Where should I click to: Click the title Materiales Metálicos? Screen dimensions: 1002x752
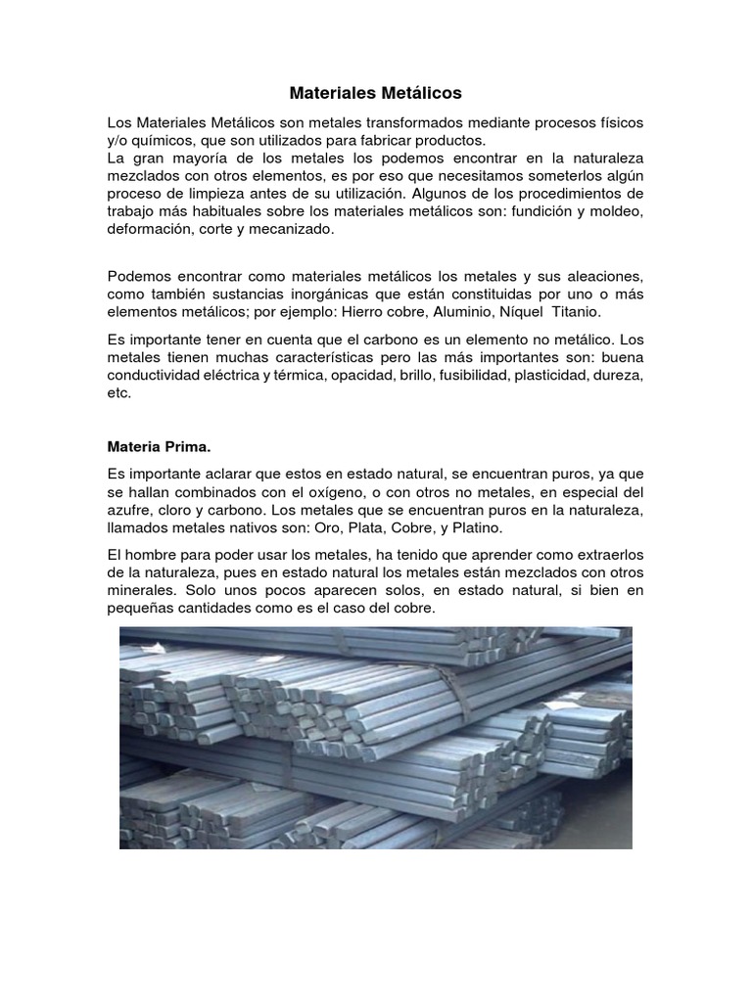375,94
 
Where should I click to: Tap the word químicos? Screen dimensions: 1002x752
150,140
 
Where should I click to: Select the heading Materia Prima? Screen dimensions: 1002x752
159,446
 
